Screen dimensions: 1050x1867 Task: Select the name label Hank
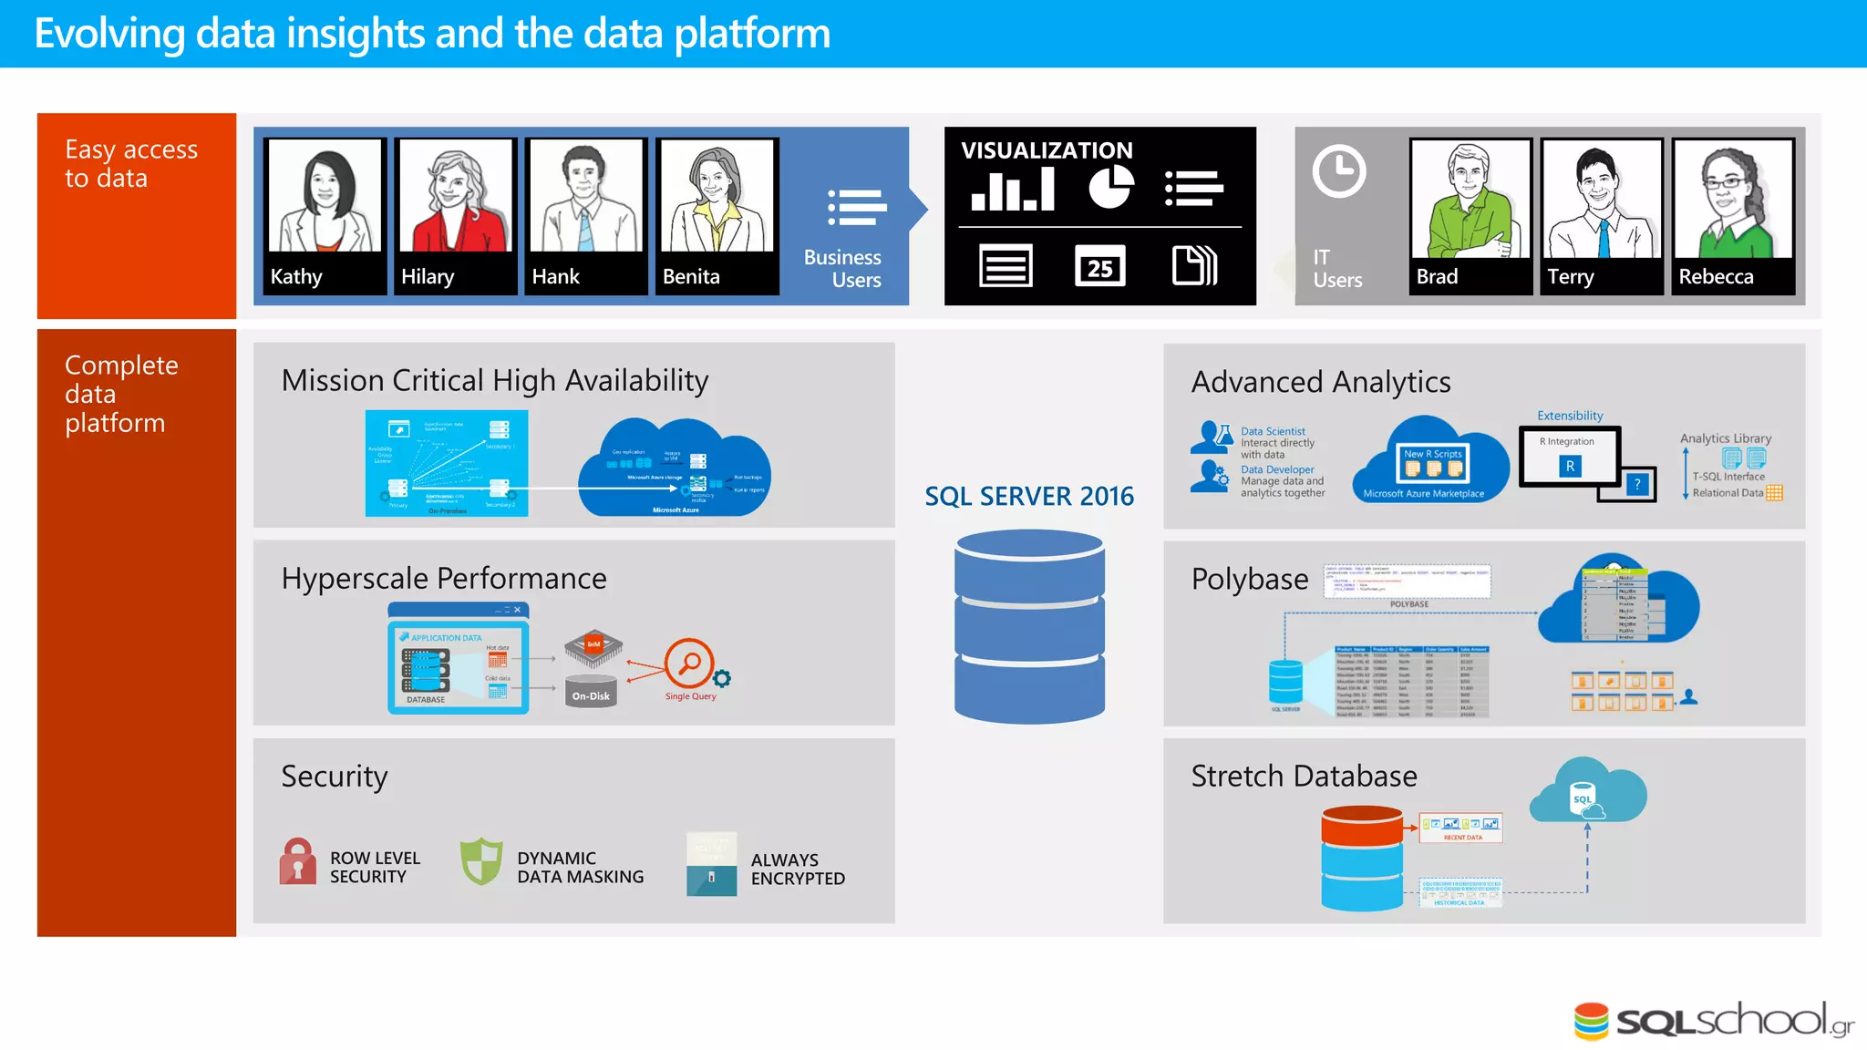(x=555, y=276)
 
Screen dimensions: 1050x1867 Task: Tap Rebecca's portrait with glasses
(x=1732, y=198)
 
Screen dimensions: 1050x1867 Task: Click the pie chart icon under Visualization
(x=1110, y=187)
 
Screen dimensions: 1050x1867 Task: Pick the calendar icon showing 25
(x=1099, y=266)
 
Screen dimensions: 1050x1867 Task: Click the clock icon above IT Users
(x=1338, y=171)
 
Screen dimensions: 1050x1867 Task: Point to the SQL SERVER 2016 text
(x=1028, y=496)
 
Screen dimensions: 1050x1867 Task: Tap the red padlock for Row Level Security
(x=297, y=861)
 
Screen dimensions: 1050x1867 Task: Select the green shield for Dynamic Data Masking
(x=481, y=861)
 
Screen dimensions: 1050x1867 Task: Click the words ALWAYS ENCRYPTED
(x=797, y=869)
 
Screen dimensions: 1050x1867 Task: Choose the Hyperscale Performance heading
(x=443, y=578)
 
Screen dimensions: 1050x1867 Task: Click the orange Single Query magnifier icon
(x=690, y=664)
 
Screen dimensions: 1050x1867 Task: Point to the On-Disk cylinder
(x=591, y=692)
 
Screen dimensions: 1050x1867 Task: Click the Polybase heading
(x=1249, y=579)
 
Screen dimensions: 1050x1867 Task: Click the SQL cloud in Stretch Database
(x=1587, y=792)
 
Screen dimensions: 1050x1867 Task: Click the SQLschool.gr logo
(x=1713, y=1021)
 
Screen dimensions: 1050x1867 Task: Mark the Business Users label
(x=841, y=268)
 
